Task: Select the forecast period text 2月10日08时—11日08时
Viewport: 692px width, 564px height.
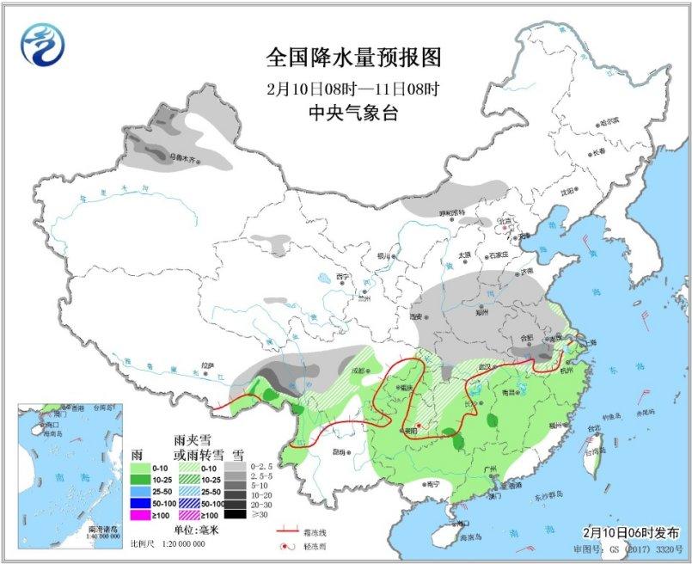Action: (352, 89)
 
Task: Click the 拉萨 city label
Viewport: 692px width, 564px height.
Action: (205, 365)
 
